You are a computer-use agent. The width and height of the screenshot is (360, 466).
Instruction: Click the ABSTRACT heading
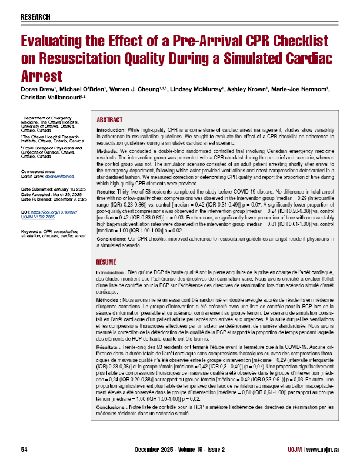click(x=109, y=118)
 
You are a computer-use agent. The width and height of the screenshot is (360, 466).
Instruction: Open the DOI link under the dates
click(x=51, y=197)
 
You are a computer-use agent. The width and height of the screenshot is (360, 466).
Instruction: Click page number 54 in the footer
click(x=25, y=450)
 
